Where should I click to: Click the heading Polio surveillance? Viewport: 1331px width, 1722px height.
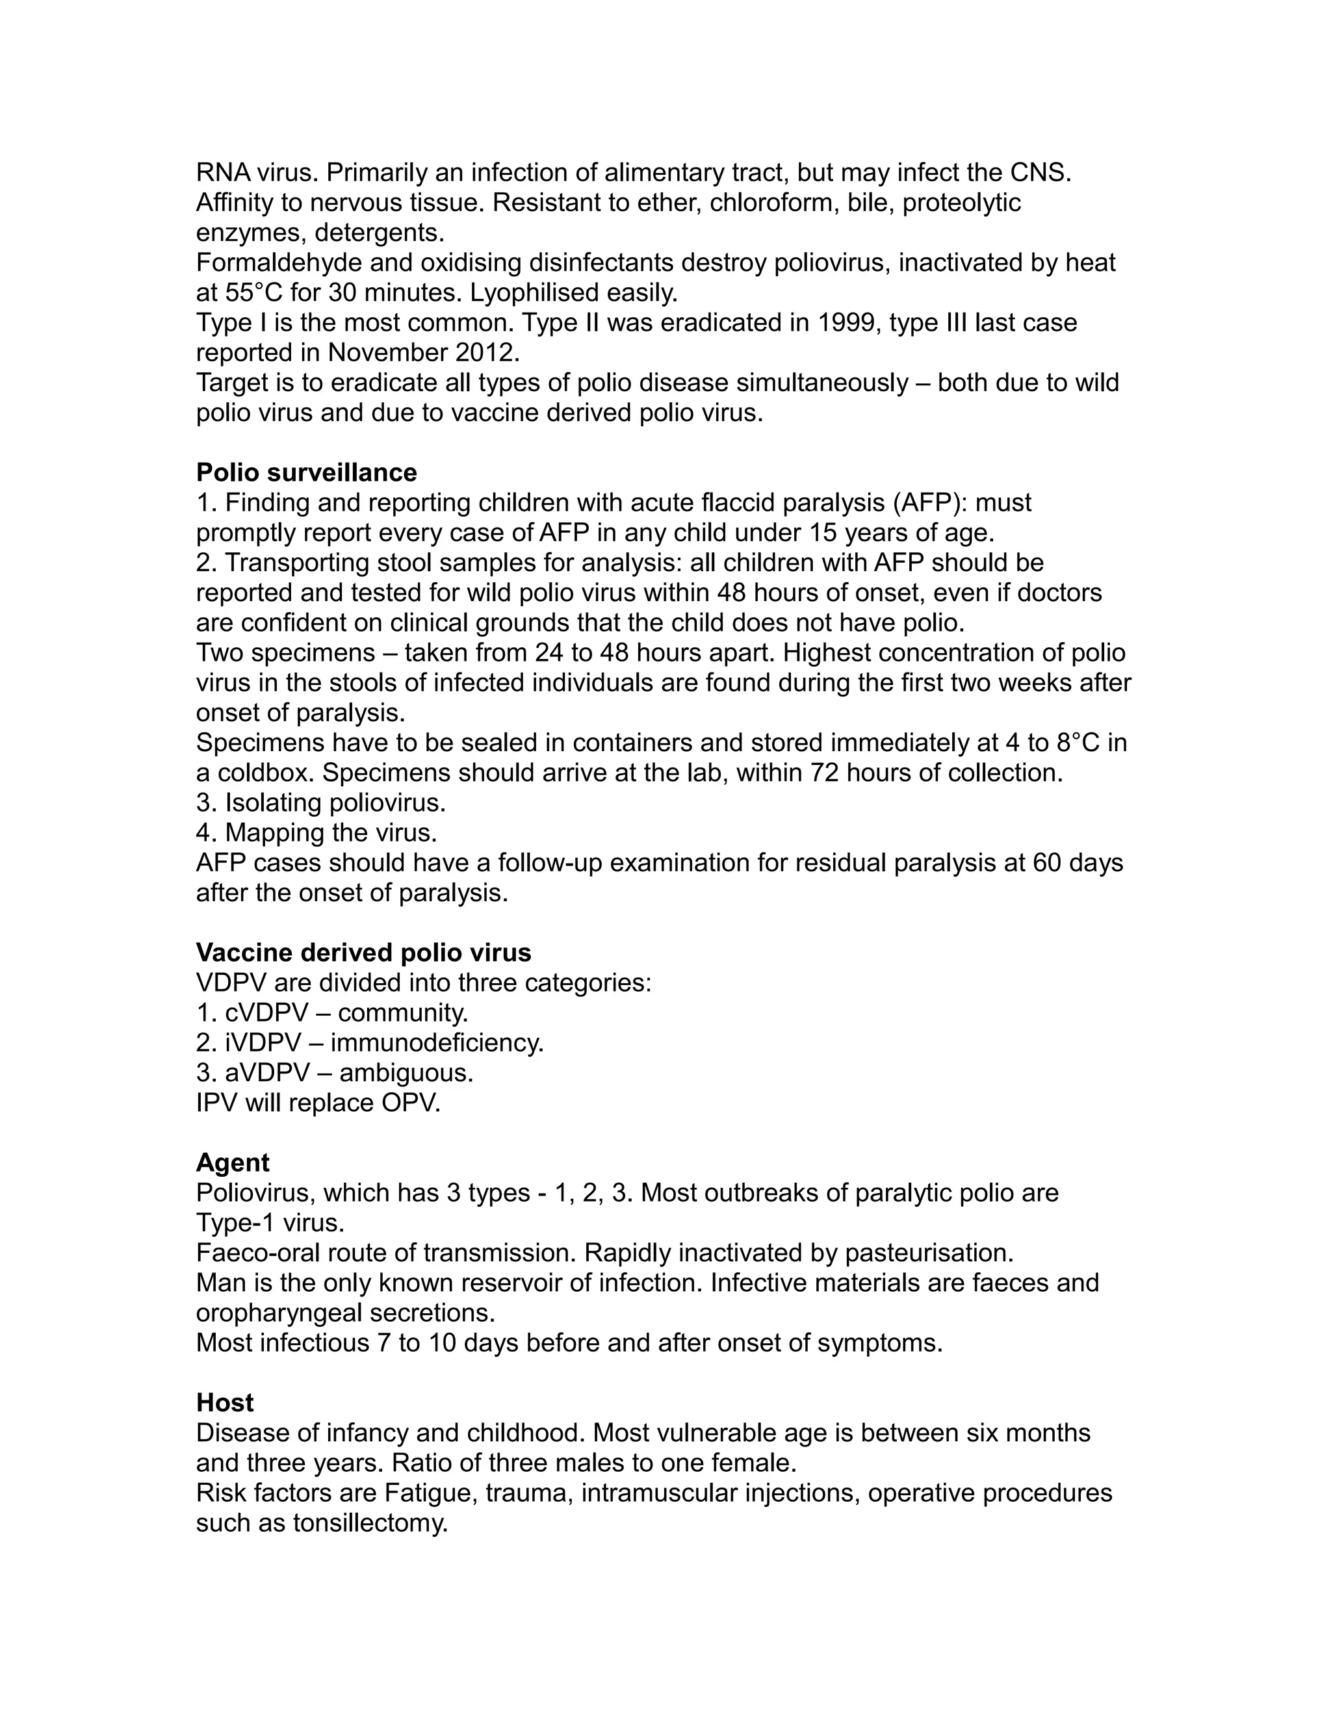pos(306,472)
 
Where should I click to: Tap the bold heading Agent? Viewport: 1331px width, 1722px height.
pos(233,1163)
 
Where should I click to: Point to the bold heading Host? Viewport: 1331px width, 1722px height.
pos(225,1403)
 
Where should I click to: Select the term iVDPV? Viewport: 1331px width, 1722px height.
pos(263,1042)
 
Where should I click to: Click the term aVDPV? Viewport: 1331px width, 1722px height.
pos(267,1072)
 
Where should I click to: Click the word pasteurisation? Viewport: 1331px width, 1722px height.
pos(928,1253)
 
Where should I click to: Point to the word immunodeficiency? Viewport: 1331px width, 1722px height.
pos(436,1042)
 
